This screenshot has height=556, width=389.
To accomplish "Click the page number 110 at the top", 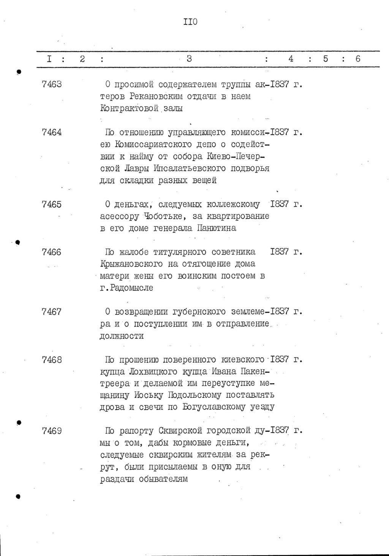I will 190,22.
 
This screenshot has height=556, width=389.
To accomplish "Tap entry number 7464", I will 52,132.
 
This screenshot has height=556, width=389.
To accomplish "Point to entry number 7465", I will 52,204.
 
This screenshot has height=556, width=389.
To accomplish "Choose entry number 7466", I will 52,252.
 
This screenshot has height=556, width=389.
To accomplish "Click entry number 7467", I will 52,312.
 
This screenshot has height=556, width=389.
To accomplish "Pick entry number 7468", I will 52,359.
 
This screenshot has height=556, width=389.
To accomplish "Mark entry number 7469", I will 52,431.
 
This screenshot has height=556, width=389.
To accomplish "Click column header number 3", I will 189,59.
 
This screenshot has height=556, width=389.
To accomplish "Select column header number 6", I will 357,59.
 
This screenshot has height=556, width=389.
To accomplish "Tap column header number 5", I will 326,59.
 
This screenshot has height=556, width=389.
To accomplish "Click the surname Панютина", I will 217,228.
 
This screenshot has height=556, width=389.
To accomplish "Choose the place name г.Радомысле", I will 127,288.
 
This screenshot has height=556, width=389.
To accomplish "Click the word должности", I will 122,336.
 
